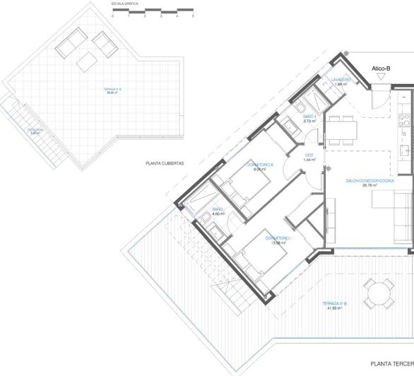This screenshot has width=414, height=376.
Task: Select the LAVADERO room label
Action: (x=341, y=80)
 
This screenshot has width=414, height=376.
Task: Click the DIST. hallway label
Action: (x=309, y=155)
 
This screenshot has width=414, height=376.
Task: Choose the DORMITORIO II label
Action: (x=260, y=165)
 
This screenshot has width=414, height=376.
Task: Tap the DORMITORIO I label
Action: (x=278, y=239)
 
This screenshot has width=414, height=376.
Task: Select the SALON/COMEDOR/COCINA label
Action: (x=369, y=182)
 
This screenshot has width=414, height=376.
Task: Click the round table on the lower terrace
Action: (x=379, y=292)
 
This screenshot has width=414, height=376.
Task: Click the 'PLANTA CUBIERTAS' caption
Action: (x=165, y=163)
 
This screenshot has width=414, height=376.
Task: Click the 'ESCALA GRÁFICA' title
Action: (x=125, y=4)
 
